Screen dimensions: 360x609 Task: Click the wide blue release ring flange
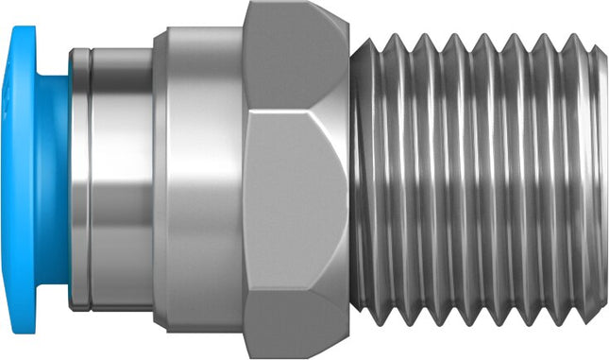coord(26,180)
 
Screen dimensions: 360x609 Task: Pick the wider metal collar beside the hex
coord(198,180)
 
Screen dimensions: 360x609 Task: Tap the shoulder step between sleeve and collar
coord(157,180)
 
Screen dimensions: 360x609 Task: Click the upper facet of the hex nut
coord(293,57)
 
